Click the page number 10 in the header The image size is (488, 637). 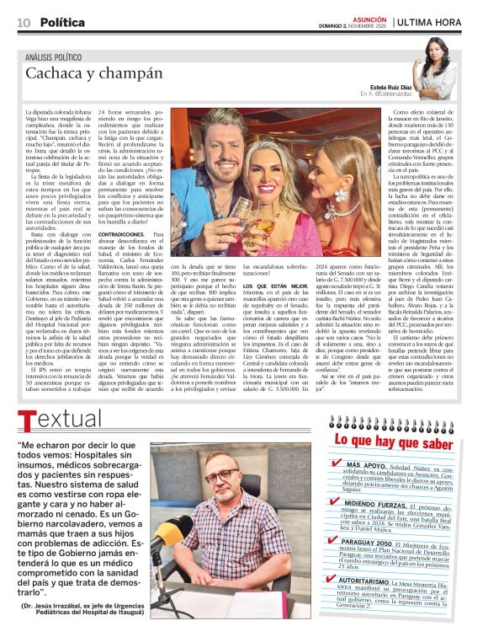pos(24,22)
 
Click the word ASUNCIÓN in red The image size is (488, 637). pos(369,16)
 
